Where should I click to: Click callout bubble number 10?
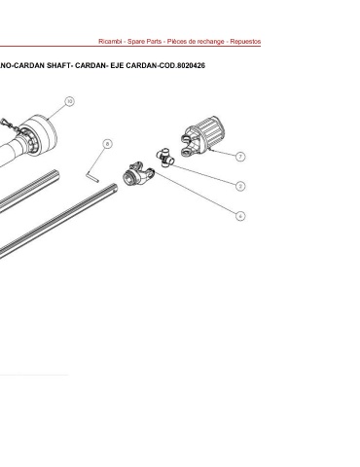click(x=69, y=101)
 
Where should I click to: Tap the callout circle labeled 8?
click(x=108, y=144)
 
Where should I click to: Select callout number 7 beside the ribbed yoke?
click(x=240, y=157)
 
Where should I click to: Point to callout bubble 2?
click(x=240, y=186)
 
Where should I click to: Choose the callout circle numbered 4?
click(x=240, y=216)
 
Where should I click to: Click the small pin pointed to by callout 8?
click(x=92, y=177)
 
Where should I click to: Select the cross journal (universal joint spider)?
click(x=165, y=158)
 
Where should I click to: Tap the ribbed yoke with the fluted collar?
click(x=203, y=136)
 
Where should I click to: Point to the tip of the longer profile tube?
click(x=115, y=188)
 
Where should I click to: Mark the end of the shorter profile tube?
click(x=56, y=175)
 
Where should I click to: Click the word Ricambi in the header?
click(x=110, y=42)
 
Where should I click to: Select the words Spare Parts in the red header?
click(x=145, y=42)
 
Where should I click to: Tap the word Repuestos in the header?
click(x=245, y=42)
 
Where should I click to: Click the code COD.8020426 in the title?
click(x=182, y=65)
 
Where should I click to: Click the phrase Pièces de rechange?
click(x=196, y=42)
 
